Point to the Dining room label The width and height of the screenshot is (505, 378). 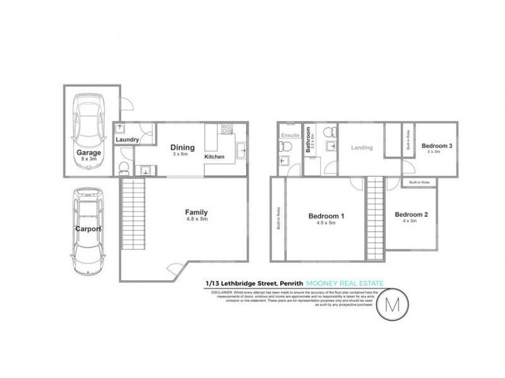tap(182, 149)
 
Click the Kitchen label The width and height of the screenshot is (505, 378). tap(215, 156)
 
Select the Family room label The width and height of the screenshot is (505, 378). tap(196, 212)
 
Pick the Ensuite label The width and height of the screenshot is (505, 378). tap(289, 134)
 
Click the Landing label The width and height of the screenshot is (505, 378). tap(362, 148)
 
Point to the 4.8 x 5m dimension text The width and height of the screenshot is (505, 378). tap(196, 220)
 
